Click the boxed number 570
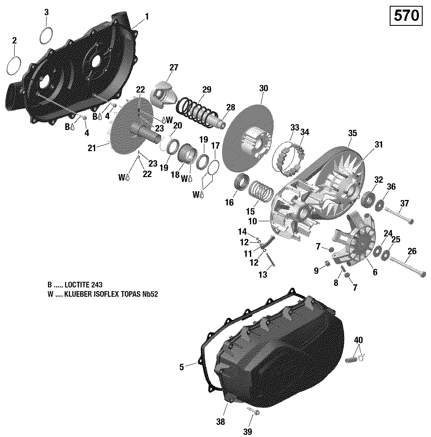[x=406, y=16]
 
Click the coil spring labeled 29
[x=196, y=110]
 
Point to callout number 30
[x=263, y=88]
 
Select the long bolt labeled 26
[x=407, y=266]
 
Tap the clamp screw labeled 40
[x=354, y=357]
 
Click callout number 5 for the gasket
[x=181, y=367]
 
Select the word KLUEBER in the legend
[x=81, y=294]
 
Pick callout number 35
[x=353, y=133]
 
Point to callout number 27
[x=174, y=68]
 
